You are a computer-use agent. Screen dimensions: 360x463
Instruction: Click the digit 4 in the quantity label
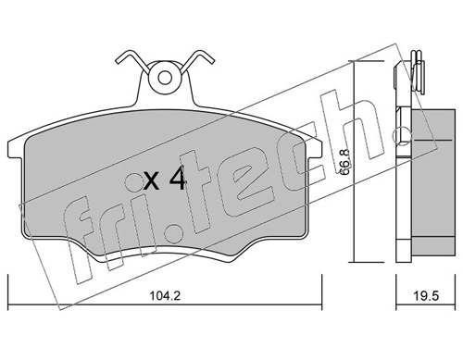[x=178, y=180]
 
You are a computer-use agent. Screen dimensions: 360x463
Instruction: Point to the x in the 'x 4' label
[x=151, y=182]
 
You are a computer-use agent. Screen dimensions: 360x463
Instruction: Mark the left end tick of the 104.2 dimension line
[x=8, y=305]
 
